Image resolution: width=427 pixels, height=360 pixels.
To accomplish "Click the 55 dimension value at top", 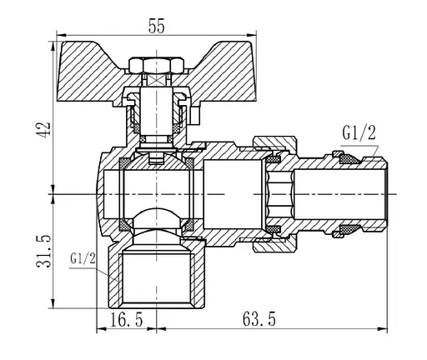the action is click(x=157, y=26).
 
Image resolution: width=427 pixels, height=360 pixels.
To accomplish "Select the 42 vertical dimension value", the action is click(x=44, y=128).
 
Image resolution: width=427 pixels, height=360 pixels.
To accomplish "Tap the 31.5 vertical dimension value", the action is click(x=44, y=251).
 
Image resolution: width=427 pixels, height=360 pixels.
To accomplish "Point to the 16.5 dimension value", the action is click(x=127, y=319).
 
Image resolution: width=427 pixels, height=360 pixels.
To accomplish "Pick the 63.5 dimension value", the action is click(x=259, y=319).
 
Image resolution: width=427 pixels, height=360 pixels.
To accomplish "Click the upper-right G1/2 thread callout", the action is click(x=359, y=132).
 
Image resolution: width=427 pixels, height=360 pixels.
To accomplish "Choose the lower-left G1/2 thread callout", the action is click(x=83, y=258).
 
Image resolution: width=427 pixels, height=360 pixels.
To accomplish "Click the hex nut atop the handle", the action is click(x=157, y=66).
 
